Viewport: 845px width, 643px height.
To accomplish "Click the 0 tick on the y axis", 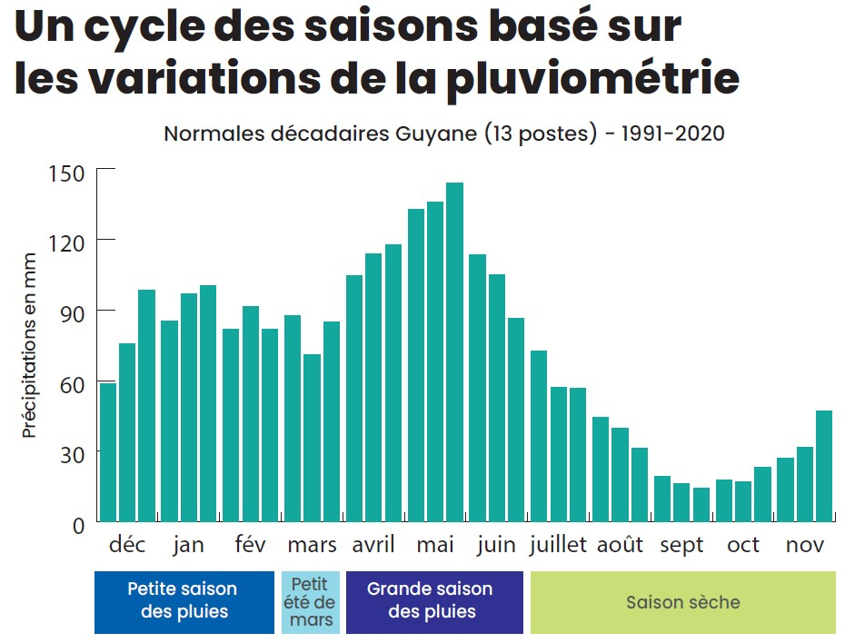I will (x=77, y=524).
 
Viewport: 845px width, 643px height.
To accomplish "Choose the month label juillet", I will (x=559, y=545).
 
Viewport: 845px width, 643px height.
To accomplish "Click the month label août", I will (x=620, y=545).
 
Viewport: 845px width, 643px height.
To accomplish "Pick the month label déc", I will (x=127, y=545).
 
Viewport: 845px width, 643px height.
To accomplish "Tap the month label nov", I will (x=805, y=545).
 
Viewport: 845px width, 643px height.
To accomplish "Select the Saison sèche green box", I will (x=682, y=602).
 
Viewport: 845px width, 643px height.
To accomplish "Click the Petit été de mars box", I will (x=309, y=602).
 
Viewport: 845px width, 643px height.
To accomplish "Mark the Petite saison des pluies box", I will (x=183, y=602).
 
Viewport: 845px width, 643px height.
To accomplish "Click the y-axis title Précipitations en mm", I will (x=30, y=346).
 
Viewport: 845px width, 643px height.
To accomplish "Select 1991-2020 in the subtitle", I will (x=672, y=134).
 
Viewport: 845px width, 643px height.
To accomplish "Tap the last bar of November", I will (x=824, y=466).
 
